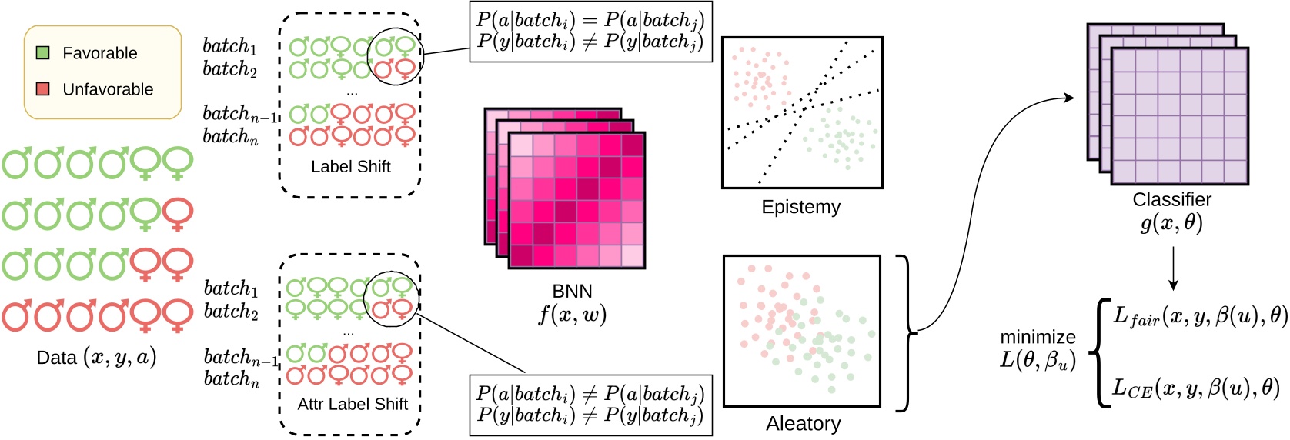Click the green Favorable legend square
(43, 53)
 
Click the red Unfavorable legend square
(43, 89)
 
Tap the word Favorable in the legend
(100, 53)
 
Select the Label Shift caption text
(351, 166)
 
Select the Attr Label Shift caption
(353, 404)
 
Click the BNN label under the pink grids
(572, 292)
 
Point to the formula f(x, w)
(572, 315)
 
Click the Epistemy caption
(800, 207)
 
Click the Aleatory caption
(803, 424)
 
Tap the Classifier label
(1171, 200)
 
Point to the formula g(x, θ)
(1171, 223)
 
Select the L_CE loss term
(1195, 388)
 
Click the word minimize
(1038, 337)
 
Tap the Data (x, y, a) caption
(96, 358)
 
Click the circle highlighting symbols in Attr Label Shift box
(390, 299)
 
